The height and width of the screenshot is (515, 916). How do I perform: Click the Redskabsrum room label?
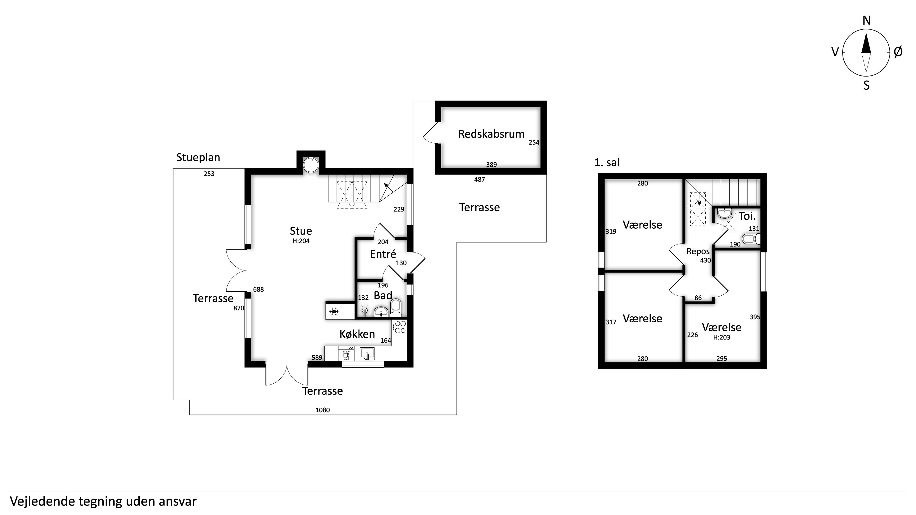491,134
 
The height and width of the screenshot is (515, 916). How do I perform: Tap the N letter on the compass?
867,21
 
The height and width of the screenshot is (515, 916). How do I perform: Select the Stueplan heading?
198,157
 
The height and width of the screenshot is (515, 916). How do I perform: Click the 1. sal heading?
607,162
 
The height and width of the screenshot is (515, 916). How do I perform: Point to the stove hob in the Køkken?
400,327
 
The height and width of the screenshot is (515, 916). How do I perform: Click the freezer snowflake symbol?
333,312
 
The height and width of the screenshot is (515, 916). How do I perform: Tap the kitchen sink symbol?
367,354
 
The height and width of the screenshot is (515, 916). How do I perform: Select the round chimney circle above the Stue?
311,165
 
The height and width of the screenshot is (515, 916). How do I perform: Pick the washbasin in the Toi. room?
724,213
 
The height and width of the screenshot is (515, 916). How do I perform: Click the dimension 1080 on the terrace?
323,410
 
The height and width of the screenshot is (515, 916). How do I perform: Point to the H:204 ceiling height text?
301,241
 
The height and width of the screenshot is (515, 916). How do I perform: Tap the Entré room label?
383,254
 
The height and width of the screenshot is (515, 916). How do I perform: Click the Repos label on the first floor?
698,252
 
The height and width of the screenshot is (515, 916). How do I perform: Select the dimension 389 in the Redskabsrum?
491,165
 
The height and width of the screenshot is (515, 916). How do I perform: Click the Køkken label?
357,334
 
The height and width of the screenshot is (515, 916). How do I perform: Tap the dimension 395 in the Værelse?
755,317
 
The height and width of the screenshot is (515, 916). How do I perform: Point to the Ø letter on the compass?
898,52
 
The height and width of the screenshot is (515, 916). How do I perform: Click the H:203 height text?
722,337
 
